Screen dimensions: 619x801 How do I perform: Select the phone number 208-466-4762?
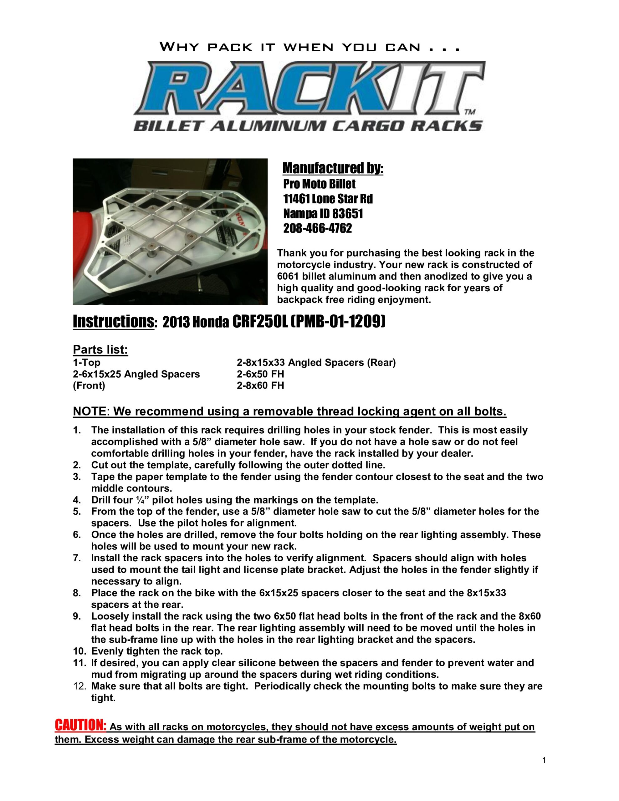pyautogui.click(x=317, y=228)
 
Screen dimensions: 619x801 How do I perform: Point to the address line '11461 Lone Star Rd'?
pyautogui.click(x=328, y=199)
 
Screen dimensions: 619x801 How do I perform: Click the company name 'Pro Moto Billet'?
pyautogui.click(x=319, y=184)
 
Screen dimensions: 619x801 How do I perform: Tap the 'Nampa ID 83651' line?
pyautogui.click(x=323, y=213)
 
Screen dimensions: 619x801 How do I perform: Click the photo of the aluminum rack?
pyautogui.click(x=170, y=232)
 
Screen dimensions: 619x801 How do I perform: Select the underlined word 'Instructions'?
pyautogui.click(x=113, y=321)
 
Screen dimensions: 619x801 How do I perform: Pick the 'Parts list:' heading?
pyautogui.click(x=100, y=349)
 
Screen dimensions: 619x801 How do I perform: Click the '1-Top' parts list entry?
pyautogui.click(x=86, y=363)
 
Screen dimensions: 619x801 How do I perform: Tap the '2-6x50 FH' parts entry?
pyautogui.click(x=260, y=374)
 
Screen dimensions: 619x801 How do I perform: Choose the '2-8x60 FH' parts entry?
pyautogui.click(x=260, y=385)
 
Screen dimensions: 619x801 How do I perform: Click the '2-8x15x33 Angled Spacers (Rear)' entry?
pyautogui.click(x=316, y=363)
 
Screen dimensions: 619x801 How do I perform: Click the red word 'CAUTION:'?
pyautogui.click(x=81, y=725)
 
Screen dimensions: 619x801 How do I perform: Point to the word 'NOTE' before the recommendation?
pyautogui.click(x=90, y=411)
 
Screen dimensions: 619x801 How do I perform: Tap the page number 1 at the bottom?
pyautogui.click(x=544, y=760)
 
